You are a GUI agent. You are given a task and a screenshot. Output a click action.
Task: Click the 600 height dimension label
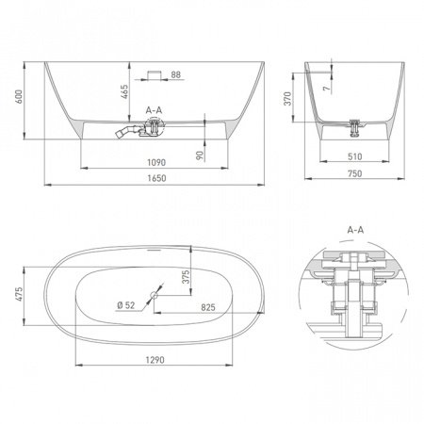click(19, 97)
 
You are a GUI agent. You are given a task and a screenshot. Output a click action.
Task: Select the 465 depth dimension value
click(124, 91)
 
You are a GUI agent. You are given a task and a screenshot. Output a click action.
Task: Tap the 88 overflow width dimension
click(176, 74)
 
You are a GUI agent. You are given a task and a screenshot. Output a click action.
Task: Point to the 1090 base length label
click(156, 162)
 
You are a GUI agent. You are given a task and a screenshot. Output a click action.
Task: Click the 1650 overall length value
click(156, 178)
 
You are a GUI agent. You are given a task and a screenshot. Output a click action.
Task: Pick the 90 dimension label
click(200, 155)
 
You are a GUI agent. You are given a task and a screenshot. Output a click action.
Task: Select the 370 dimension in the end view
click(287, 99)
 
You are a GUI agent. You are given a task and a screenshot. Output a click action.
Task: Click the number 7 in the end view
click(327, 89)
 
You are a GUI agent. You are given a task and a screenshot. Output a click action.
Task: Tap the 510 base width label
click(355, 156)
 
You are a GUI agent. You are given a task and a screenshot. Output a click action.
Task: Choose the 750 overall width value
click(355, 173)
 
